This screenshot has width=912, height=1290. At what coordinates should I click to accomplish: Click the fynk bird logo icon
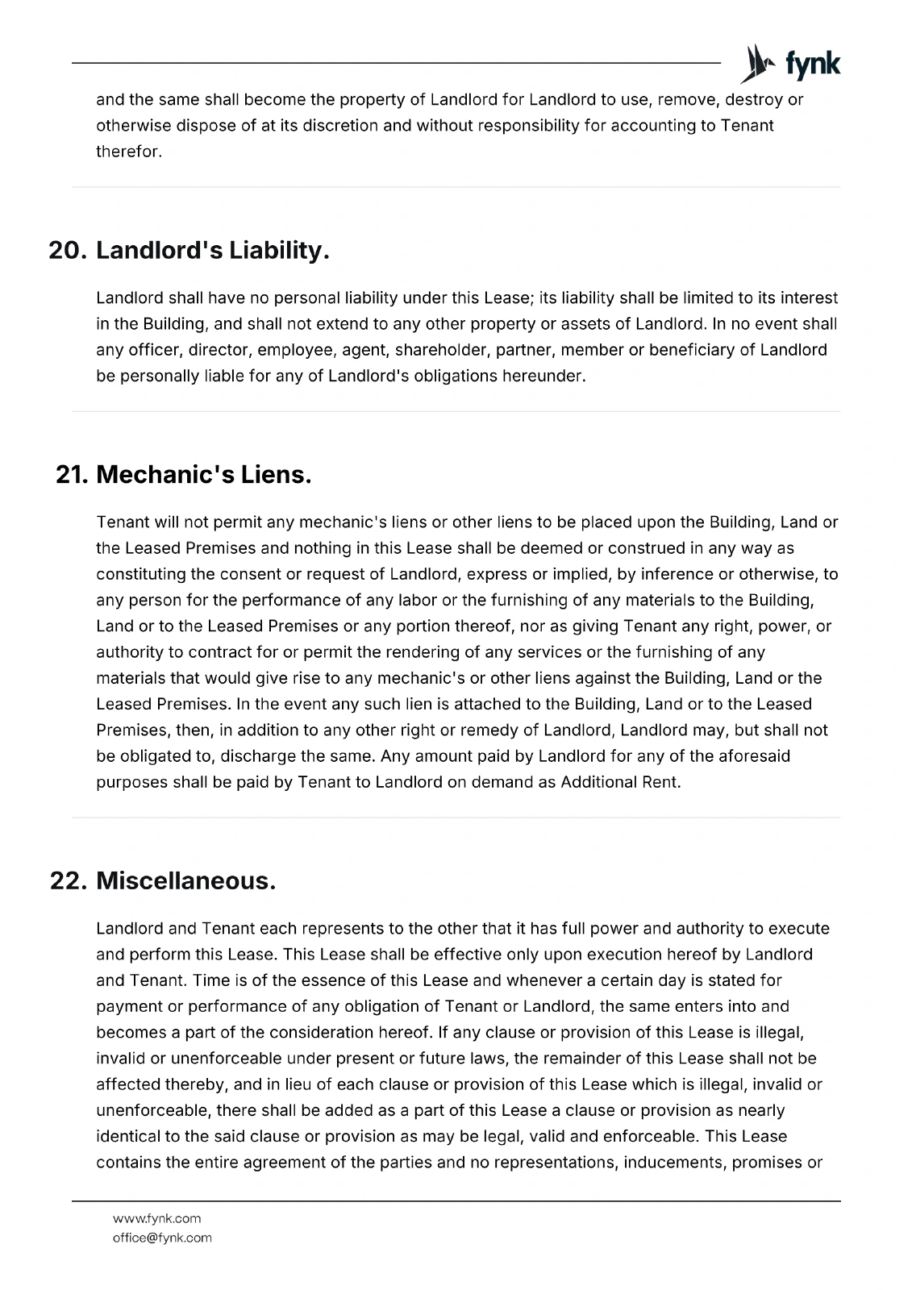click(x=755, y=64)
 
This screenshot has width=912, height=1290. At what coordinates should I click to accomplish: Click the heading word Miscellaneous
click(x=185, y=881)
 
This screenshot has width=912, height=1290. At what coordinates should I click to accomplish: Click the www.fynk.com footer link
click(x=156, y=1218)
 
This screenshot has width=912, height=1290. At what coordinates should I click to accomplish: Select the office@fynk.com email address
click(x=162, y=1238)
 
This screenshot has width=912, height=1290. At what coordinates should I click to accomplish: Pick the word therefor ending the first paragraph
click(x=127, y=152)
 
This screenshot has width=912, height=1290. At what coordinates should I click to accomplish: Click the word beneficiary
click(x=706, y=350)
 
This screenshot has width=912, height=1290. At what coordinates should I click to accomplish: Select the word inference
click(x=707, y=574)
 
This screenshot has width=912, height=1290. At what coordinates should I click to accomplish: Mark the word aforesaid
click(x=750, y=756)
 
